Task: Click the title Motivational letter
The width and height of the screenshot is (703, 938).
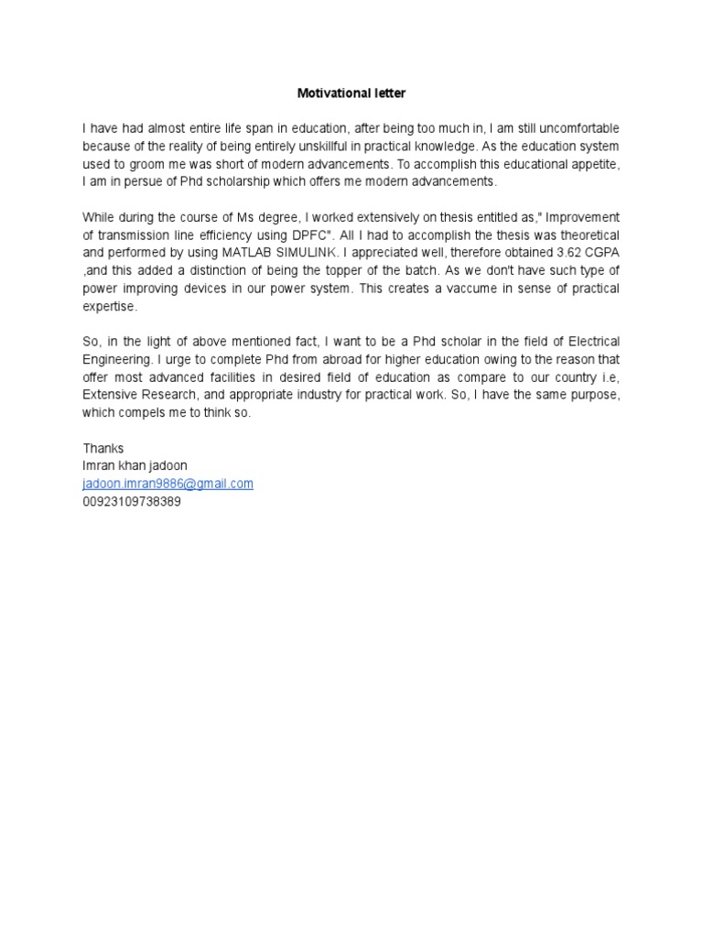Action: click(x=351, y=93)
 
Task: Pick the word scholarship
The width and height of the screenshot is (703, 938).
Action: click(x=253, y=181)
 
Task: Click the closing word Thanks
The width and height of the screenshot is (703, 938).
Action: click(x=103, y=449)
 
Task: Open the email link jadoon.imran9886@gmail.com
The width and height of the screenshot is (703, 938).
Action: click(x=168, y=484)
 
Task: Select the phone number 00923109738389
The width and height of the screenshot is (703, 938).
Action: click(x=132, y=502)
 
